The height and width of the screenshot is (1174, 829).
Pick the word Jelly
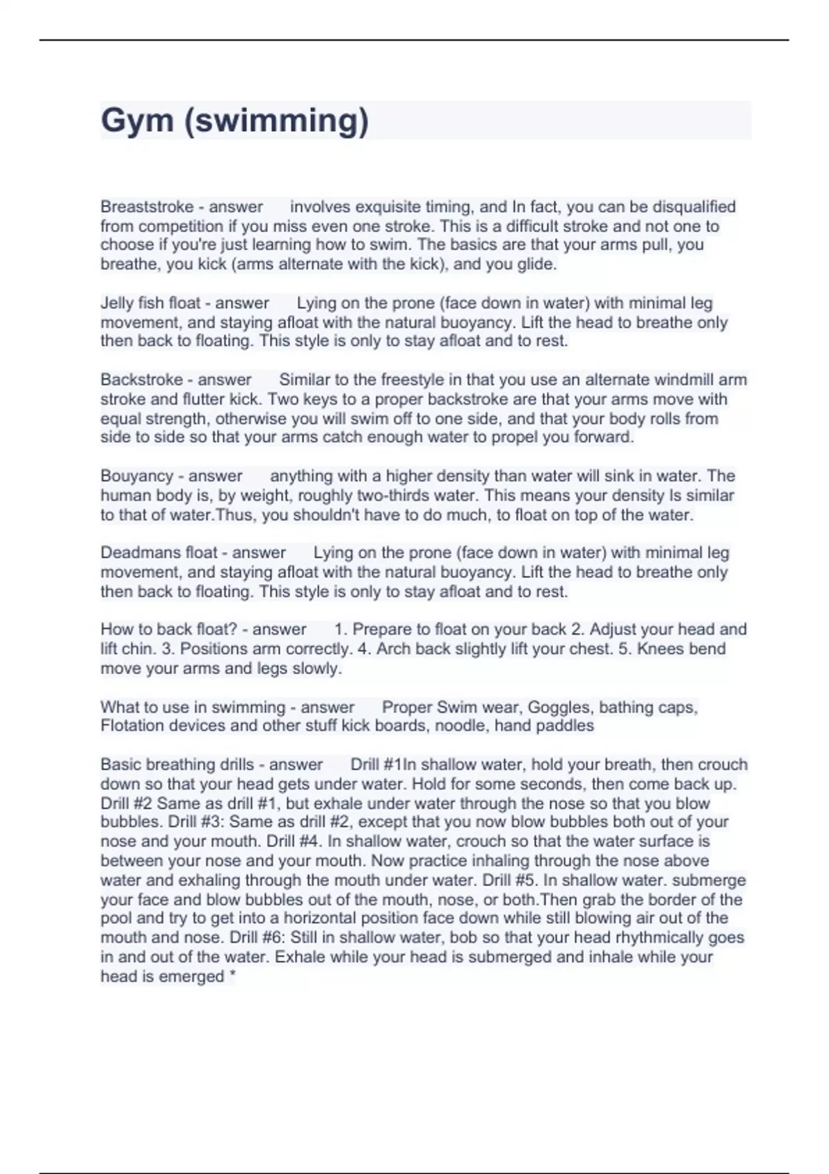coord(116,303)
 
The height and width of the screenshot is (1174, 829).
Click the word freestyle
coord(415,380)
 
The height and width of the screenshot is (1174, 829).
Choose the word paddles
coord(564,726)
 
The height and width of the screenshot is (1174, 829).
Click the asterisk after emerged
coord(232,976)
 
